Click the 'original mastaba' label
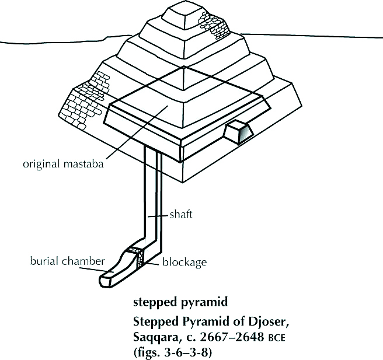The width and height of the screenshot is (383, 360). [63, 164]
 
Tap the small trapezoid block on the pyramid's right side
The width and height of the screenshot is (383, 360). [238, 132]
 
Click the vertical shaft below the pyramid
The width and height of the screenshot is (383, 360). [154, 193]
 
